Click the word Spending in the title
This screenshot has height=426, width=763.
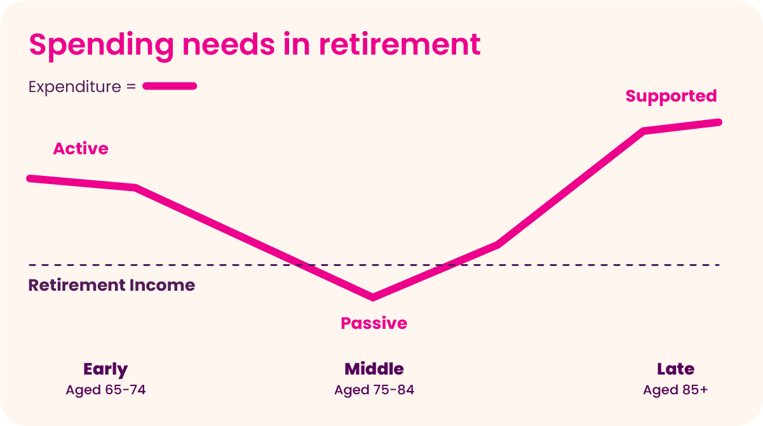102,46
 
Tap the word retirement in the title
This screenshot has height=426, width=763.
400,44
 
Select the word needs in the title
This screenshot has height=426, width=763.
229,45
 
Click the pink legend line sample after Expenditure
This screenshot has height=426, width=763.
170,86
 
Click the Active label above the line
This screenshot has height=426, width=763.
81,149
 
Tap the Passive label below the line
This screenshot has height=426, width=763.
374,323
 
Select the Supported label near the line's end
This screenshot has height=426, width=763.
671,97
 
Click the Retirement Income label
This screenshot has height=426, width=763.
111,285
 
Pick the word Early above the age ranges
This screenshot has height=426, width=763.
105,369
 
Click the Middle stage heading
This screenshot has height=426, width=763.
374,369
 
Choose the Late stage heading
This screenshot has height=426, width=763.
675,369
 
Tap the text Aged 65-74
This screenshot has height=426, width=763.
105,390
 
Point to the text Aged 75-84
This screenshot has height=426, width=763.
374,390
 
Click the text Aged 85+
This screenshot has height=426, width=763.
675,390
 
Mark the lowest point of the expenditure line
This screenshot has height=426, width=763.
373,297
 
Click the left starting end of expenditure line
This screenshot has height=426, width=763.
30,179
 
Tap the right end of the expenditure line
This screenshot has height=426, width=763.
719,123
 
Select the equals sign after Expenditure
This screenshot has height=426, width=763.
131,87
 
